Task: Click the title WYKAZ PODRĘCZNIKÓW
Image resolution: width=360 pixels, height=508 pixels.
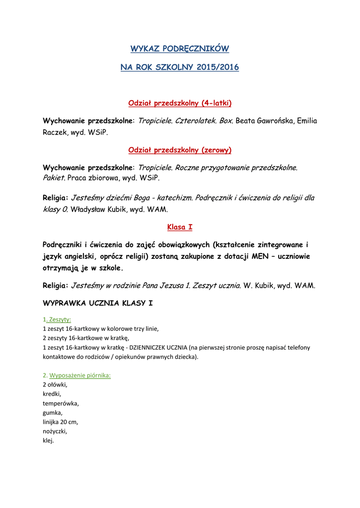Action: pos(180,49)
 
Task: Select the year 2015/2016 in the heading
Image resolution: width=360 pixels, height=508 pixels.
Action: pos(217,67)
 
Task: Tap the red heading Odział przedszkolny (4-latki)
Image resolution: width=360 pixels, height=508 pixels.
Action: pos(180,103)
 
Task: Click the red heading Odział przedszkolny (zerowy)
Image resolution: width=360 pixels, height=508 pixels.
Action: pos(180,150)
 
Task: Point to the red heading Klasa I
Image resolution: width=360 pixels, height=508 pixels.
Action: pos(180,227)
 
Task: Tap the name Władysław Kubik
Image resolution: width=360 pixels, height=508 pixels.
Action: pos(99,209)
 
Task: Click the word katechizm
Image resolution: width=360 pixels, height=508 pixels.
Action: pos(175,198)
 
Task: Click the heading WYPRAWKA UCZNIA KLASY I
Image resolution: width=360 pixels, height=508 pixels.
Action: pos(98,303)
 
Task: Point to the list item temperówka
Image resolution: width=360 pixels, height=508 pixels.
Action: pos(61,403)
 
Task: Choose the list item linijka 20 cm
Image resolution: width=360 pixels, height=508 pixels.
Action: pos(61,422)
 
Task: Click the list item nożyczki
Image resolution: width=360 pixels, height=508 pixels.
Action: pos(55,432)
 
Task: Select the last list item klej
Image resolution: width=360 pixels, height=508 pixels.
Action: pos(48,441)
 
